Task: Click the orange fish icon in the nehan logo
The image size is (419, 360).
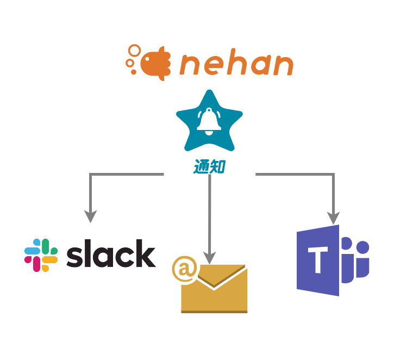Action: (155, 64)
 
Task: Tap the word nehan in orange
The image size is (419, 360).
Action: (236, 65)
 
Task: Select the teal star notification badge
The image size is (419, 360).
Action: (209, 122)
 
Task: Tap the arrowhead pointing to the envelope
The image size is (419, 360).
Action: (210, 258)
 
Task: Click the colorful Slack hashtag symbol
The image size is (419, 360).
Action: (41, 255)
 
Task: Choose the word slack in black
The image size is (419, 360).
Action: (111, 255)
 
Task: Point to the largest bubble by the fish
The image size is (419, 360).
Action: (134, 51)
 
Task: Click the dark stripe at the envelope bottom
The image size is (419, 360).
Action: (214, 312)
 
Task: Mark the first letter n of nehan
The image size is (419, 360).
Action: (188, 66)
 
